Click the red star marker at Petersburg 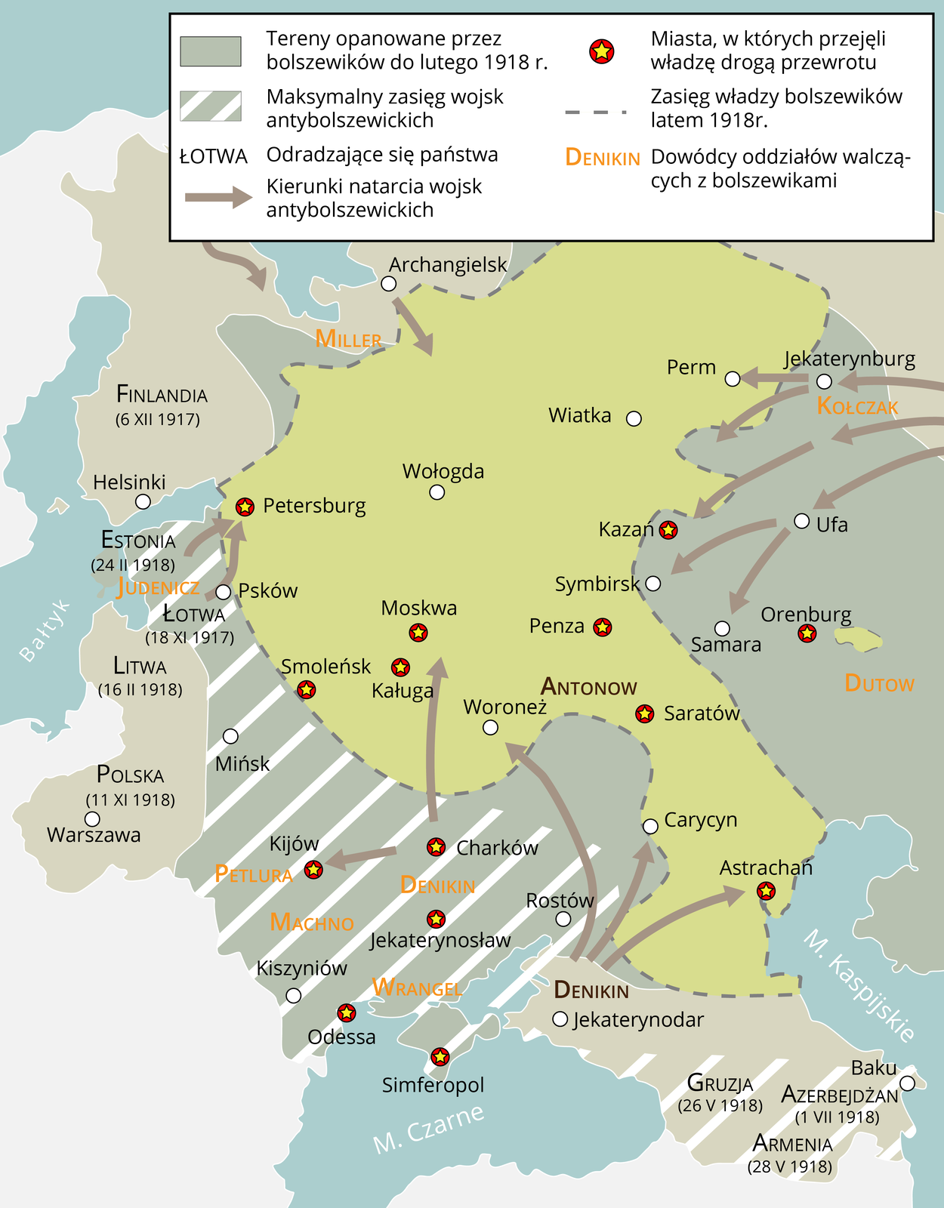245,507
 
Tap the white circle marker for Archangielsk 389,284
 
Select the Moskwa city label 419,608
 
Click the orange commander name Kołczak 857,407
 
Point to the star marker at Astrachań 766,891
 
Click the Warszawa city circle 92,819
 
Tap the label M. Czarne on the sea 428,1129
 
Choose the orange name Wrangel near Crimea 417,988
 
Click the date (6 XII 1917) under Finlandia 158,420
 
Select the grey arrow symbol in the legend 218,198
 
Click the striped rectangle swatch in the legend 211,106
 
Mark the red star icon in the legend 601,51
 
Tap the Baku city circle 907,1083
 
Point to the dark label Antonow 589,687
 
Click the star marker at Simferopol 440,1056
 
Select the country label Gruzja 720,1084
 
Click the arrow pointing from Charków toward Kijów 362,856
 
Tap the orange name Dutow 879,684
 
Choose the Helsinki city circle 143,501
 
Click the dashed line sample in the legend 596,112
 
